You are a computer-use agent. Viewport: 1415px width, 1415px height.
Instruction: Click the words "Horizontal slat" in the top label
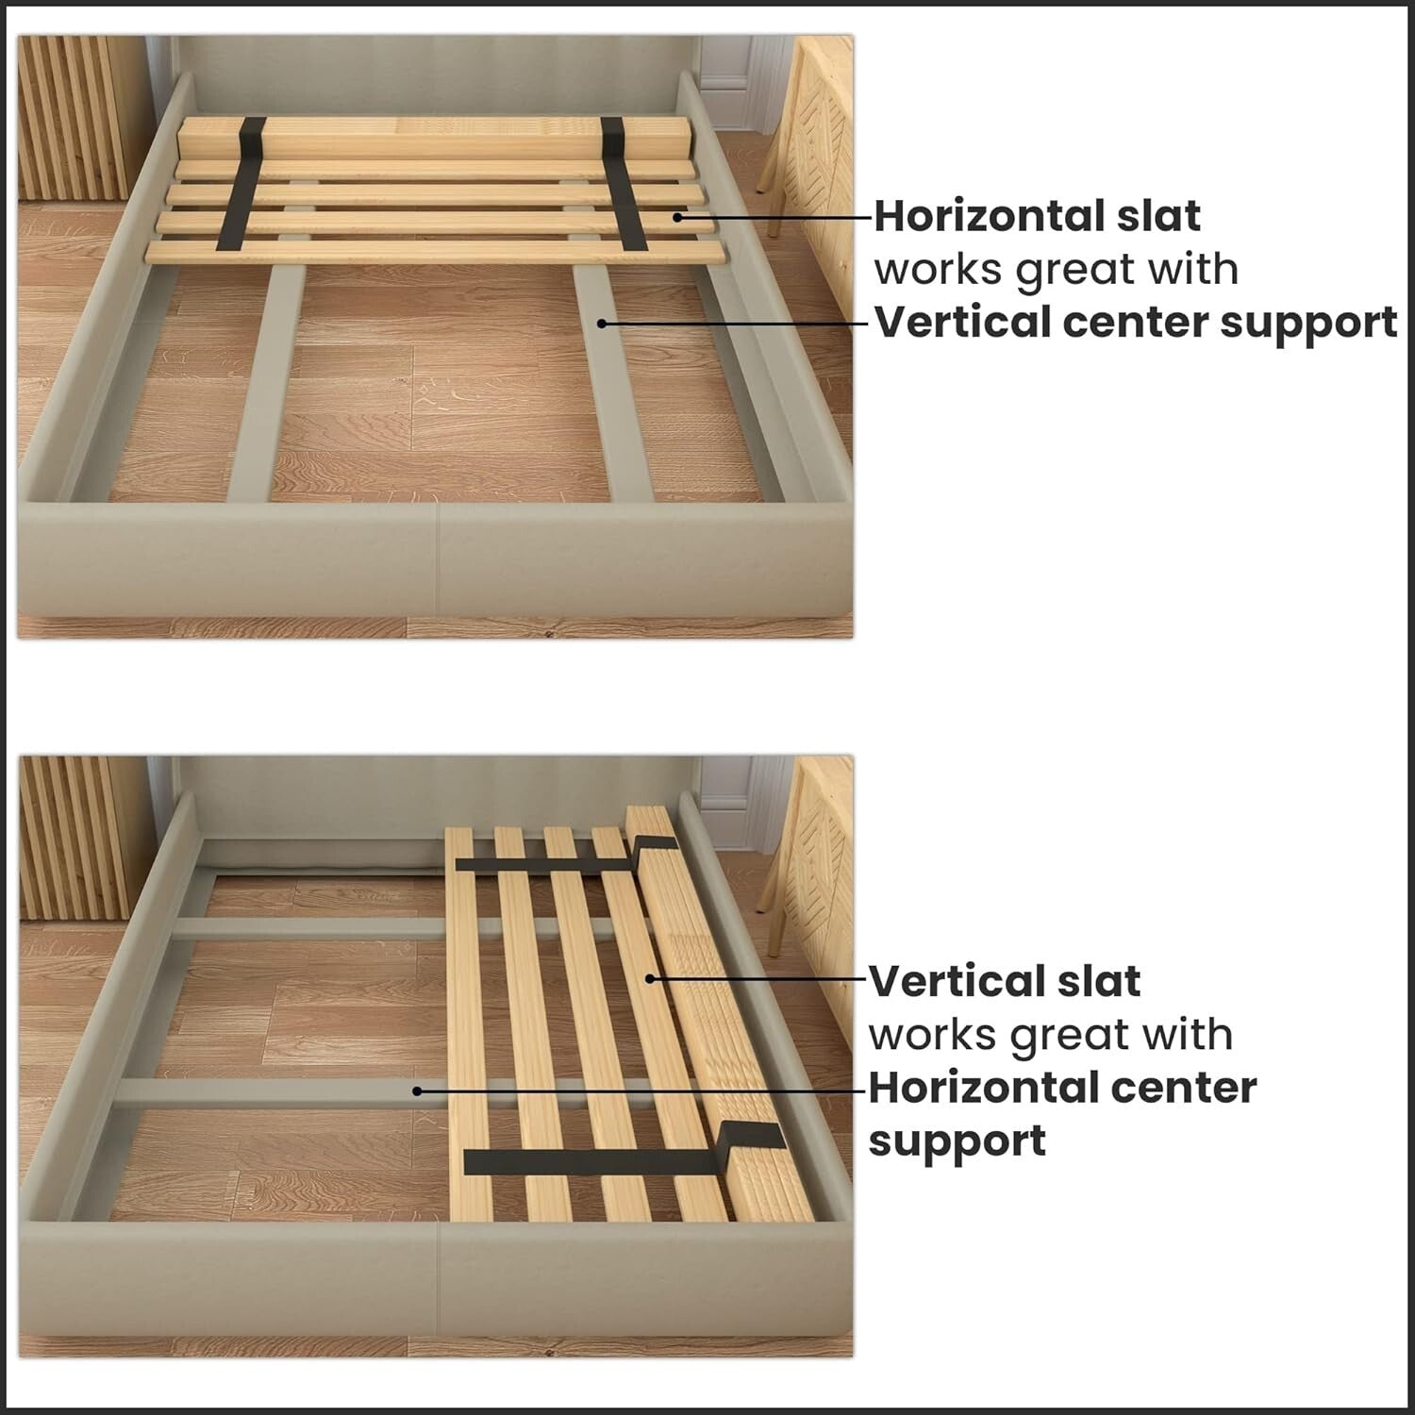[1037, 216]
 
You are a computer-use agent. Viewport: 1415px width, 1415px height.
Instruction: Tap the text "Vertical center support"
[1136, 323]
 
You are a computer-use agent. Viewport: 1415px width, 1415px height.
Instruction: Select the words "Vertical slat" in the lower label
[1004, 981]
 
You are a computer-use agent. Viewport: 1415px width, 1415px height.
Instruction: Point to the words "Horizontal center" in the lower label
[1061, 1087]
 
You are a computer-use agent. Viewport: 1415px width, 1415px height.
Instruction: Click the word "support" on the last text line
[957, 1140]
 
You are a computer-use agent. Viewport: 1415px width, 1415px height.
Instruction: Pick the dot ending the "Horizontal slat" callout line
[678, 217]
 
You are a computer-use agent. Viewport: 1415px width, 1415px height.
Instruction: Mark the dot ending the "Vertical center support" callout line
[601, 323]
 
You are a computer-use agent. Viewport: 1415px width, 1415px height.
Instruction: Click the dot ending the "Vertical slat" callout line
[650, 979]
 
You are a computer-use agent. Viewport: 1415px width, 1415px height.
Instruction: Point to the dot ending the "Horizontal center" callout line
[417, 1090]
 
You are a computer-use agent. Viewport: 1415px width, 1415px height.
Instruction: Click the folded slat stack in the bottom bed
[726, 1019]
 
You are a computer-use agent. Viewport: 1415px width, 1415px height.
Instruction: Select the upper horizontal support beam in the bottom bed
[302, 928]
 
